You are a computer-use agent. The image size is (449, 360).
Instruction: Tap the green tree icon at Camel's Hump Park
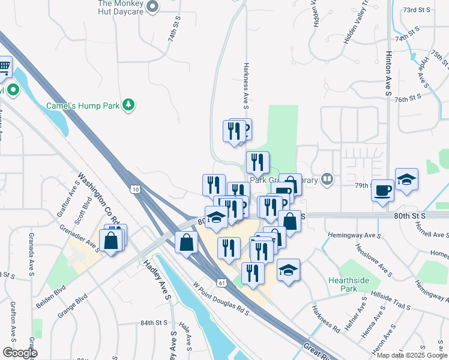pos(128,106)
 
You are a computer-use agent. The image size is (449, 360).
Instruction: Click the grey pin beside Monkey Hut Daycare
pos(152,7)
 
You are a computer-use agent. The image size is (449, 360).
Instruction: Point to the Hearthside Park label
pos(343,284)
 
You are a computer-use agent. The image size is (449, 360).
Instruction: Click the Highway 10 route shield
pos(136,189)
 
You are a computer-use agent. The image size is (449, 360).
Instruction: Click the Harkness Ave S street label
pos(246,86)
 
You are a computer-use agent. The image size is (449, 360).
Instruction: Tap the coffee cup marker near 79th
pos(382,191)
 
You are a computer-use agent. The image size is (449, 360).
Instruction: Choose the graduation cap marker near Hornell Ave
pos(406,180)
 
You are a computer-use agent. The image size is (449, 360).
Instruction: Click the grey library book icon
pos(327,178)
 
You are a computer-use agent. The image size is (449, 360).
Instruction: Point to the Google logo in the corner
pos(20,353)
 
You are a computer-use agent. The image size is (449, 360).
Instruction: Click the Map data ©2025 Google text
pos(412,355)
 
